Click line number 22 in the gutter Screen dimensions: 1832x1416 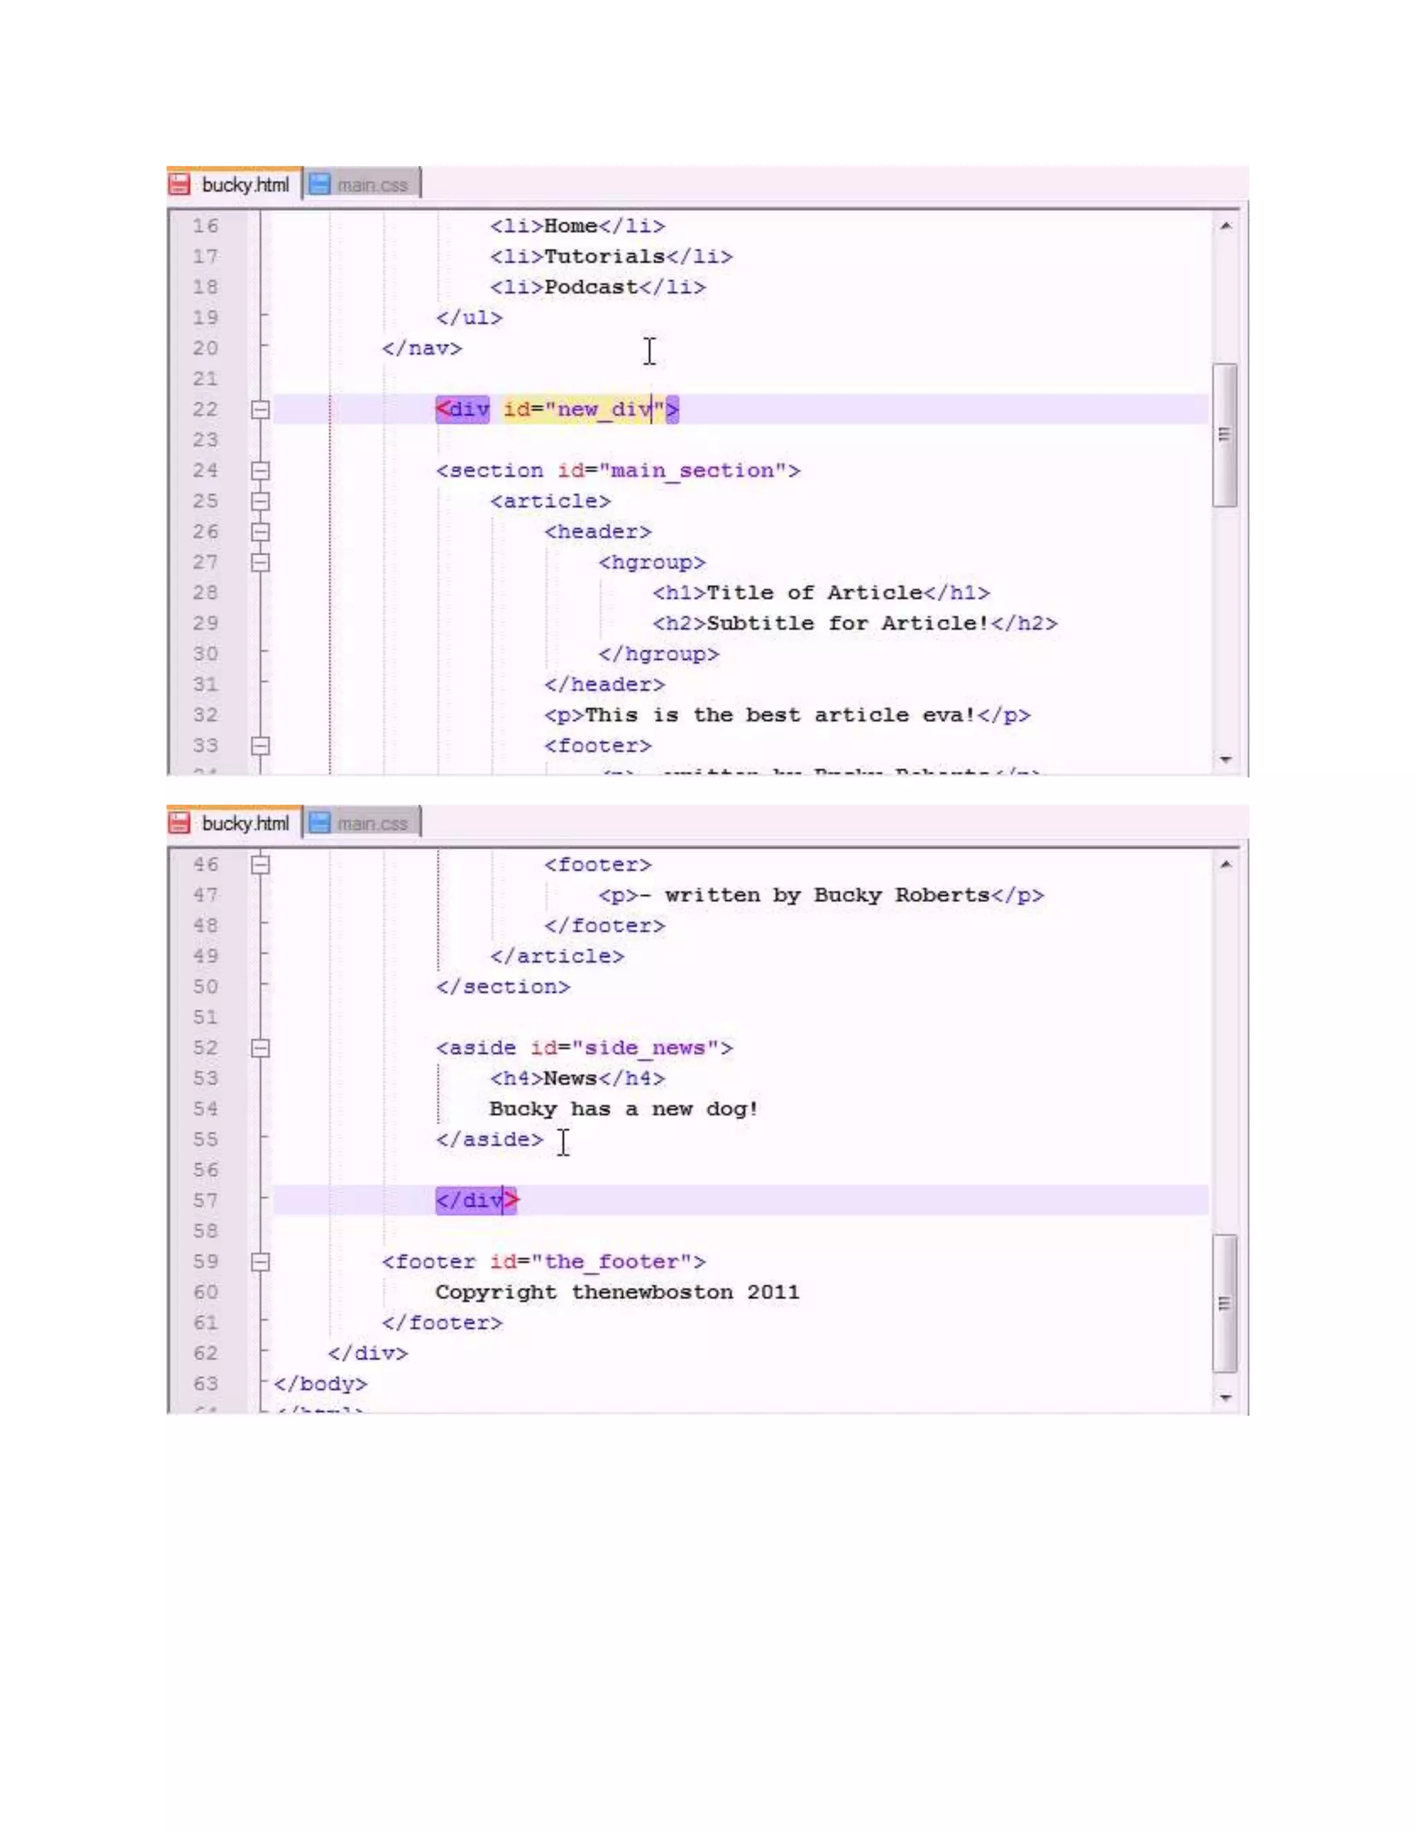[x=205, y=409]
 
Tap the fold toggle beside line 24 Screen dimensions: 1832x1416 [x=261, y=471]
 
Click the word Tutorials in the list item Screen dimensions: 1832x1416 [x=604, y=256]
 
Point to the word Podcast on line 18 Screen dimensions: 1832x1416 [x=590, y=287]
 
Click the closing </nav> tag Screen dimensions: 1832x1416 [x=422, y=348]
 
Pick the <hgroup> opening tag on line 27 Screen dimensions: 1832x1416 [x=652, y=562]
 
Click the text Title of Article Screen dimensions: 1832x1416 [x=814, y=593]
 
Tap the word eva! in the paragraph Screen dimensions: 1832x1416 [x=949, y=716]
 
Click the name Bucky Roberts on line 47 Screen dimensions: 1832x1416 [x=901, y=895]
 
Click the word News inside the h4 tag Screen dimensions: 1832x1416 [x=570, y=1078]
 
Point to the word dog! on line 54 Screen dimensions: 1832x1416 [x=732, y=1109]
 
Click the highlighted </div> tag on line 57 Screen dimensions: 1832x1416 [x=476, y=1200]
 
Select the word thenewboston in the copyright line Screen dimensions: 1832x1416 [x=652, y=1293]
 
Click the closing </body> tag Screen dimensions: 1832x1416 [x=320, y=1384]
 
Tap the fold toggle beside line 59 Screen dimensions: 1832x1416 [x=261, y=1262]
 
